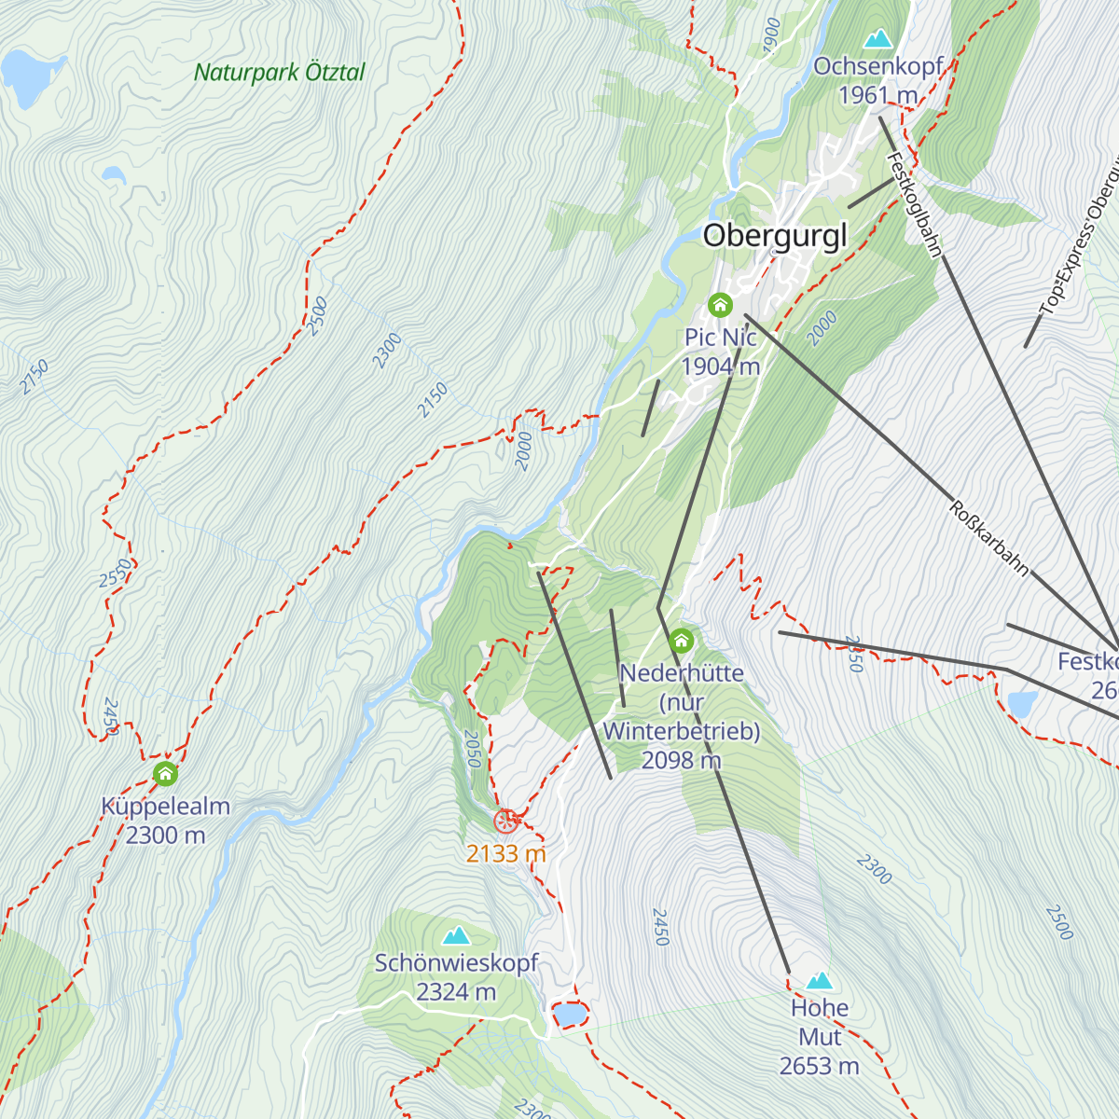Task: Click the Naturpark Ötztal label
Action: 279,73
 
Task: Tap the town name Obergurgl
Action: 775,235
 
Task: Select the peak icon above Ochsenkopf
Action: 877,38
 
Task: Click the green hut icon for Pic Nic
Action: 720,305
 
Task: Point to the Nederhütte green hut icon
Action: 682,641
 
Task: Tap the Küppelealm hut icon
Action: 165,774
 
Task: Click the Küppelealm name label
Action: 165,807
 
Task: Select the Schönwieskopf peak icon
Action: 456,935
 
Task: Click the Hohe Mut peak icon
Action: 819,980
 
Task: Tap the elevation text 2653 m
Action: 819,1066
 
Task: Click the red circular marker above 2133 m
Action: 505,822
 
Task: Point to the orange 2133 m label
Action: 505,853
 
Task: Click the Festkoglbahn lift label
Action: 915,205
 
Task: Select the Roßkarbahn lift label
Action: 989,539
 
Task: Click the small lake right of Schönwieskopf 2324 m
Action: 569,1014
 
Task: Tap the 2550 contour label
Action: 115,573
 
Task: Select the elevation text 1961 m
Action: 877,95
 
